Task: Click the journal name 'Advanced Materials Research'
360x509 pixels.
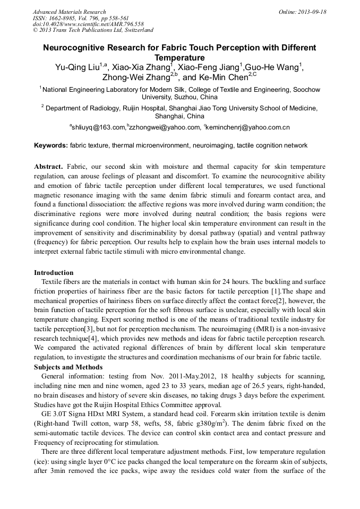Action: point(69,12)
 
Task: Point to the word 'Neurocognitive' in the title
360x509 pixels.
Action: point(75,48)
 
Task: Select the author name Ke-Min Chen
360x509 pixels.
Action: point(226,77)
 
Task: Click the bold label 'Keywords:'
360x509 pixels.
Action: point(51,145)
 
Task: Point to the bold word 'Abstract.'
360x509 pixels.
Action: point(50,166)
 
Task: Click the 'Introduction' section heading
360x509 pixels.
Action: point(54,273)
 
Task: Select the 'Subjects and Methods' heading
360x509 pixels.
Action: point(68,367)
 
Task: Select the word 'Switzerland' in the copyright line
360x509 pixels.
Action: point(135,30)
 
